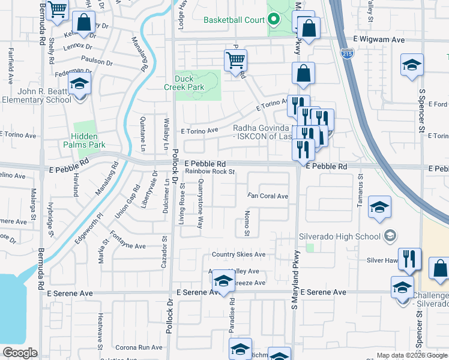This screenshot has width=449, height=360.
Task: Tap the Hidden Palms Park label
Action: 88,140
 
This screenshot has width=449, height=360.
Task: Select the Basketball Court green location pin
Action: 274,20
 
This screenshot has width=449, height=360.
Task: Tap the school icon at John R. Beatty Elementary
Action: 78,85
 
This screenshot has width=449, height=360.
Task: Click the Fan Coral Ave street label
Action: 268,196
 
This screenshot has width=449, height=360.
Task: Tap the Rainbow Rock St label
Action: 209,172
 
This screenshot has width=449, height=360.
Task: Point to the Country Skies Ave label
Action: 239,254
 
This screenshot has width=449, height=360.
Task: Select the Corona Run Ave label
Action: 139,347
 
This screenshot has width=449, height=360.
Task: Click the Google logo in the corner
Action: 20,353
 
